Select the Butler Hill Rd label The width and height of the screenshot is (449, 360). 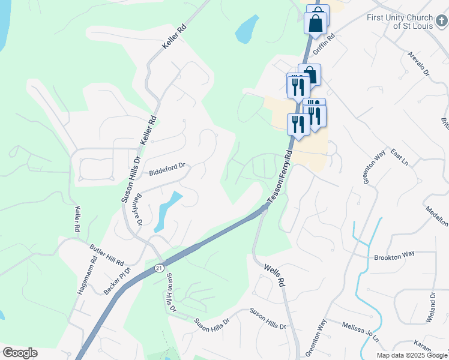pos(106,256)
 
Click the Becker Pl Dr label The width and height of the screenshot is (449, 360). pos(117,279)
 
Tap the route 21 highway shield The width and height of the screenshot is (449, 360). pos(158,267)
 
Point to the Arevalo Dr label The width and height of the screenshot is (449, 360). pos(419,64)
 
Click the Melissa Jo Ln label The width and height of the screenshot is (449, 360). pos(361,331)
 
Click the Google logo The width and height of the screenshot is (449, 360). pos(20,353)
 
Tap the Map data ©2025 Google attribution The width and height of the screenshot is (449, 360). pos(412,355)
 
